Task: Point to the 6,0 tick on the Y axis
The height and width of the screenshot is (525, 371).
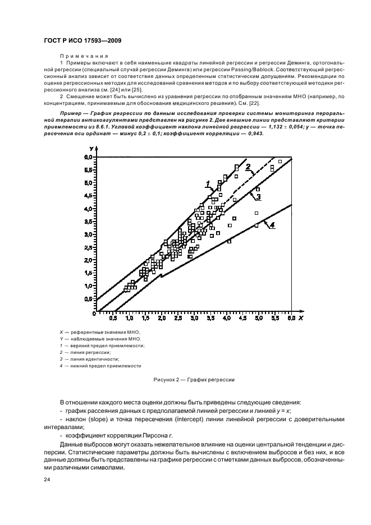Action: click(x=88, y=157)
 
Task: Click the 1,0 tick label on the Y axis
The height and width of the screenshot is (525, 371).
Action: click(x=88, y=286)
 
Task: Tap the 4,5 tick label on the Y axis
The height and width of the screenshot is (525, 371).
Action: click(x=88, y=196)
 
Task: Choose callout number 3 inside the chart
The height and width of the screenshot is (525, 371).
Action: click(x=258, y=197)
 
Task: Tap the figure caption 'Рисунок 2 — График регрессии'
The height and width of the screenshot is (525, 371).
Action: click(x=193, y=380)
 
